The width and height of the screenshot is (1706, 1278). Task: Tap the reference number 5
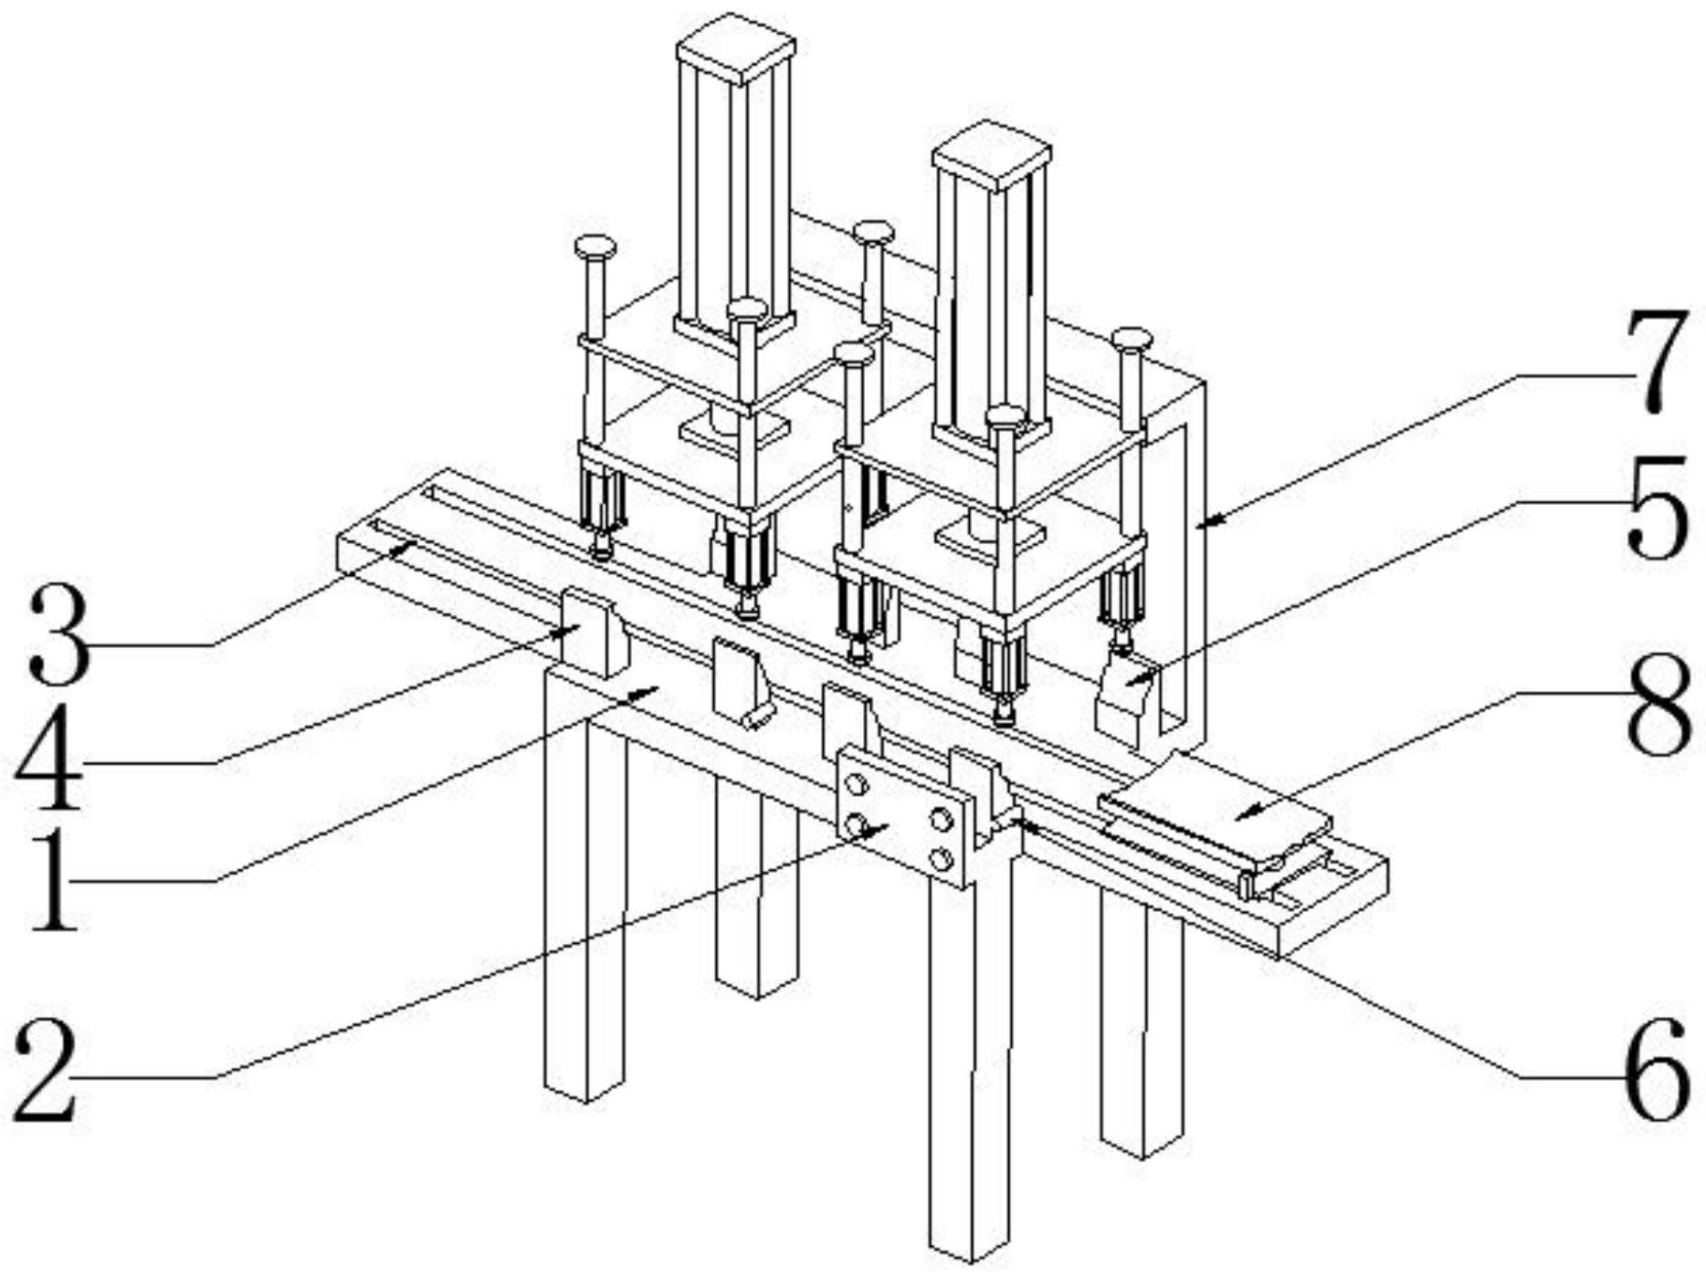[x=1658, y=507]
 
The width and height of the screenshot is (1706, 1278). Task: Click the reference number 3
[x=59, y=634]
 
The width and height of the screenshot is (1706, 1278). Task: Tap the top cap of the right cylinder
[x=992, y=154]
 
